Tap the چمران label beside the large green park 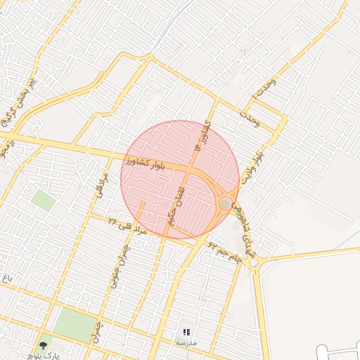[x=95, y=331]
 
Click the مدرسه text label [x=186, y=342]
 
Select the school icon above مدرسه [x=186, y=332]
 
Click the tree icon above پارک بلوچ [x=44, y=345]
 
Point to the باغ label [x=7, y=279]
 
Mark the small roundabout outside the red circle [x=254, y=262]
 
